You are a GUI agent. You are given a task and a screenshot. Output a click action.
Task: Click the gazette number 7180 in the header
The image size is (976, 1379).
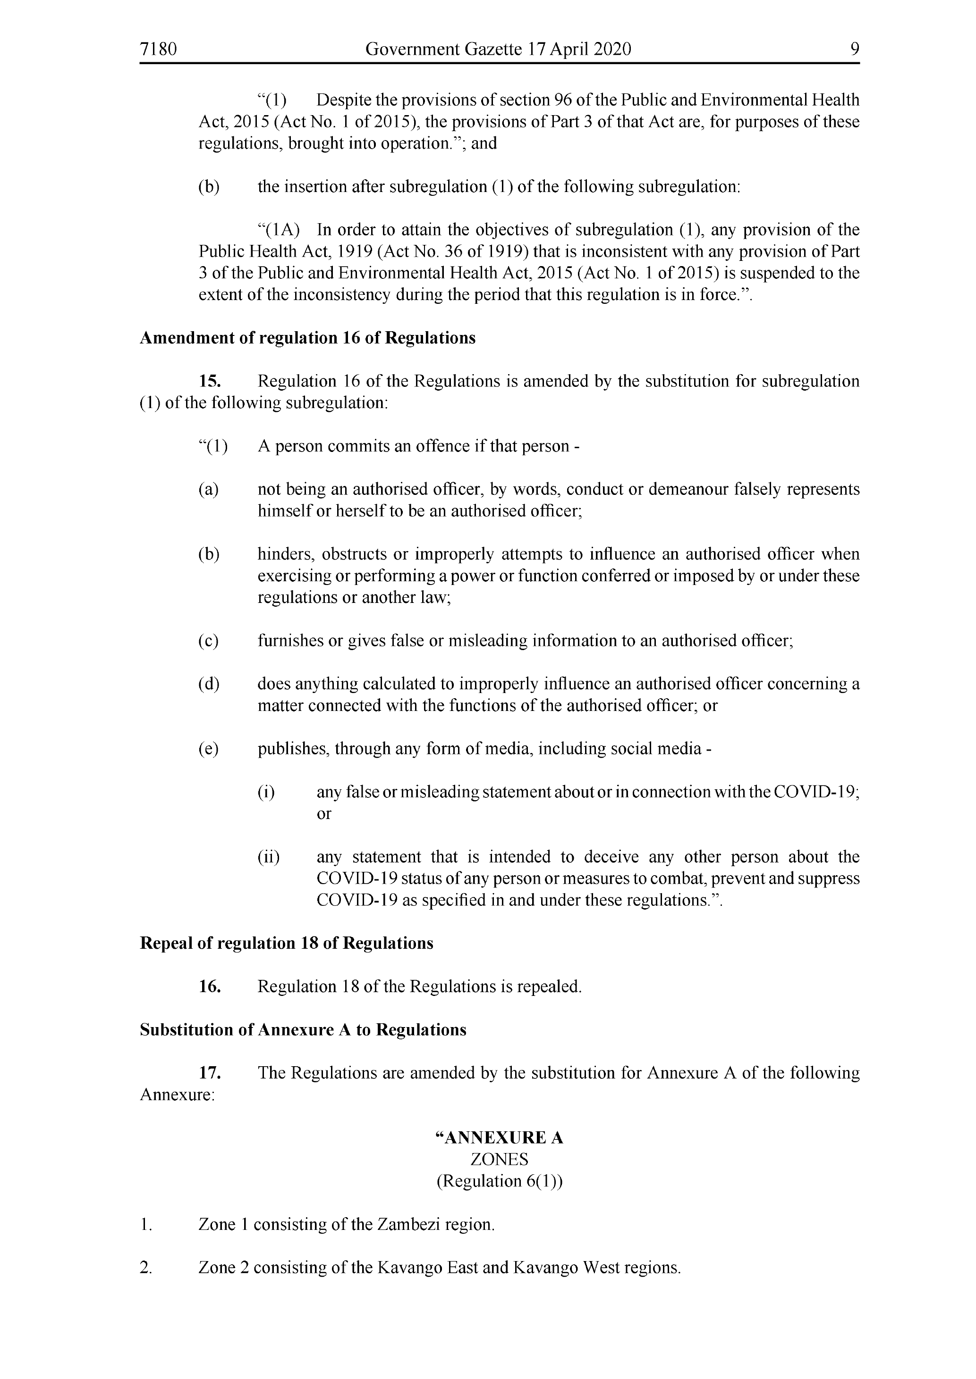(158, 49)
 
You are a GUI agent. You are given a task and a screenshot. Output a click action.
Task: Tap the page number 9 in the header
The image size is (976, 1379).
(855, 49)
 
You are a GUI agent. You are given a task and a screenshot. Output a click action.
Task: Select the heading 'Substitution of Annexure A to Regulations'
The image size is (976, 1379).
(303, 1030)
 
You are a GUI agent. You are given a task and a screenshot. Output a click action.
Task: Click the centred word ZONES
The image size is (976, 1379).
(500, 1160)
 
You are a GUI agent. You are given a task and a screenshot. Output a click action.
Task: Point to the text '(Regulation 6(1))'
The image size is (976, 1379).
(500, 1181)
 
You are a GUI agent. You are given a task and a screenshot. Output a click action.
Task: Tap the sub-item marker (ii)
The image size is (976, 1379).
(269, 857)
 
